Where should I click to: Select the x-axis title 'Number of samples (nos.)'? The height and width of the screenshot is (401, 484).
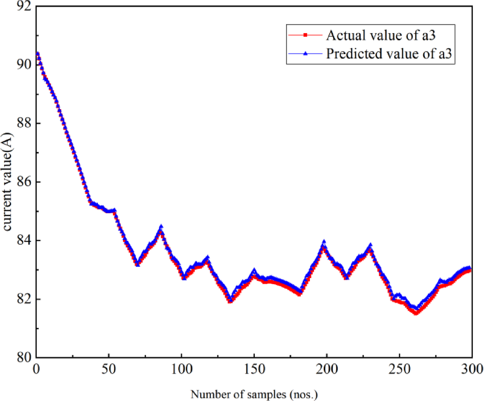[x=254, y=394]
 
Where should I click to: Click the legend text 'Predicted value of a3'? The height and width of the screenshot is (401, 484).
[x=391, y=54]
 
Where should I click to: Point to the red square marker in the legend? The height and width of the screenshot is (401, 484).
[x=305, y=35]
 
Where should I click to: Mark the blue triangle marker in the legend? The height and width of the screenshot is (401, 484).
[x=305, y=54]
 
